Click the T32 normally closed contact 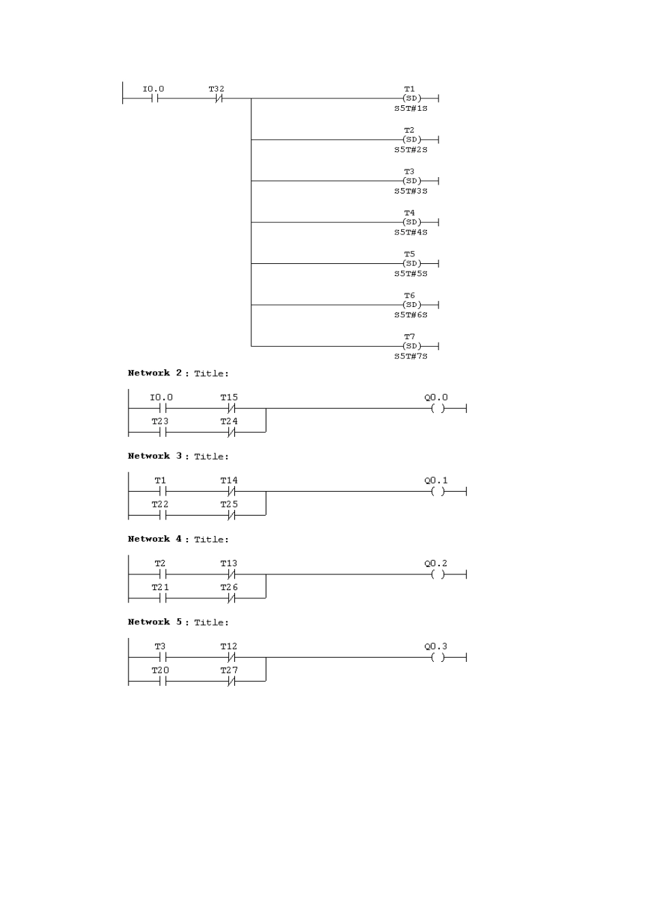(x=219, y=98)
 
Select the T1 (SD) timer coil (x=412, y=98)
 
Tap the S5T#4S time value (x=411, y=232)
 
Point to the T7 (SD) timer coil (x=412, y=346)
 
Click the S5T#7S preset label (x=411, y=356)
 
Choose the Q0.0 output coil (x=438, y=409)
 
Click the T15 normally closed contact (x=231, y=409)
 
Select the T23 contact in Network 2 (x=163, y=432)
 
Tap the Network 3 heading (x=178, y=456)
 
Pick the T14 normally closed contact (x=231, y=492)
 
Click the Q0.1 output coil (x=438, y=492)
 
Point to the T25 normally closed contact (x=231, y=516)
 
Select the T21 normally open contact (x=163, y=598)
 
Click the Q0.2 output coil (x=438, y=574)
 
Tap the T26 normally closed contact (x=231, y=598)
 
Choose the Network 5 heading (x=178, y=622)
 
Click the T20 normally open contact (x=163, y=681)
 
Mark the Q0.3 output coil (x=438, y=657)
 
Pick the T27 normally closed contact (x=231, y=681)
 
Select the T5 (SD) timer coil (x=412, y=263)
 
